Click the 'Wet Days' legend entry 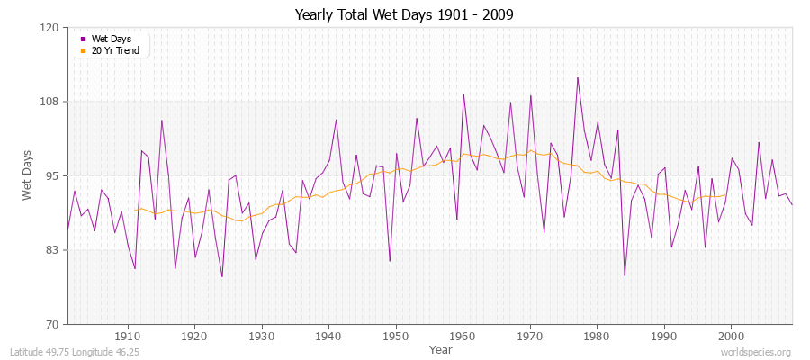coord(111,39)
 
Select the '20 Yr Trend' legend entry coord(115,50)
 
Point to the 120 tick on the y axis coord(50,28)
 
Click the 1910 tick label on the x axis coord(128,337)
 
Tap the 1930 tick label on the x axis coord(262,337)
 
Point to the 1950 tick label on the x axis coord(396,337)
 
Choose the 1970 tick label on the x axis coord(530,337)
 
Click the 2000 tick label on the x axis coord(731,337)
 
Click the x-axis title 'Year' coord(440,349)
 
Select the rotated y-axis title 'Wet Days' coord(28,175)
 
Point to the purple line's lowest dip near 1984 coord(625,275)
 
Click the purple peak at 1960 coord(463,94)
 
